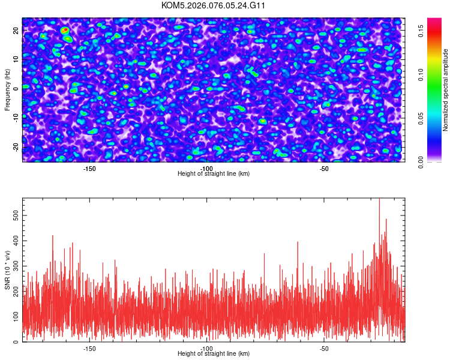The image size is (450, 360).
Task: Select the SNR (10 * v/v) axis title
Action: tap(7, 270)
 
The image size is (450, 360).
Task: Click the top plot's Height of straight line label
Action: tap(214, 173)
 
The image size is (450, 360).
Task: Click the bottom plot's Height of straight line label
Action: tap(214, 353)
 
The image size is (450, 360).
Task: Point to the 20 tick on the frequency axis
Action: tap(16, 30)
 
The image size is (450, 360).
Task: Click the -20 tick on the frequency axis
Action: tap(16, 147)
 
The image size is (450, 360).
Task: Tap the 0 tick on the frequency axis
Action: tap(16, 89)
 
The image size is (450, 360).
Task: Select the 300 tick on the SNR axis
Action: tap(14, 265)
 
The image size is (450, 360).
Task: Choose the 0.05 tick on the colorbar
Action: tap(422, 118)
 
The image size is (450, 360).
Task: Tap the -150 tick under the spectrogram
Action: tap(89, 168)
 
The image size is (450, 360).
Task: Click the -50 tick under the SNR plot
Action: tap(324, 348)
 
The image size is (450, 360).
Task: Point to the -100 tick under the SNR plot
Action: tap(207, 348)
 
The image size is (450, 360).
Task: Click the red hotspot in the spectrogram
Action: tap(65, 30)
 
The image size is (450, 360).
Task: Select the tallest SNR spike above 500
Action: tap(379, 200)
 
